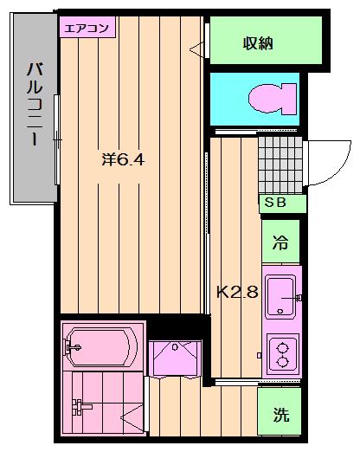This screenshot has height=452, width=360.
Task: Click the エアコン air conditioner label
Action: click(x=87, y=28)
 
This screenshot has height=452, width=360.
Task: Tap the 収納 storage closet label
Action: click(x=258, y=43)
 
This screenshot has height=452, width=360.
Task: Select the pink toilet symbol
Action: click(x=273, y=99)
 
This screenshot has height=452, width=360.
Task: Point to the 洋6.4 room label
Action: click(x=123, y=159)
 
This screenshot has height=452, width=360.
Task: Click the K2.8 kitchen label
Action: click(x=237, y=292)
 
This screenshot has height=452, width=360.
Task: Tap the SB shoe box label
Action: click(x=275, y=203)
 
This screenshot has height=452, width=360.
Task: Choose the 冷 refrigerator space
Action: click(x=280, y=242)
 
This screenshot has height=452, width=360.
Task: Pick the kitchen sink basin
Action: click(x=280, y=296)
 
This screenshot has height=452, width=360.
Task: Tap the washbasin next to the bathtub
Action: click(x=175, y=358)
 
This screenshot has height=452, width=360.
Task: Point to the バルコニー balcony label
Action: click(x=35, y=105)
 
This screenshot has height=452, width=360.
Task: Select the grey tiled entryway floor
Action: click(x=280, y=165)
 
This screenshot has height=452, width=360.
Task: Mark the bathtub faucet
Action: click(x=71, y=347)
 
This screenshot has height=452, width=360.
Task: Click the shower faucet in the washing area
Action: click(x=81, y=407)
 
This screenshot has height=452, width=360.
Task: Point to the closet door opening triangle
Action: click(x=197, y=49)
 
